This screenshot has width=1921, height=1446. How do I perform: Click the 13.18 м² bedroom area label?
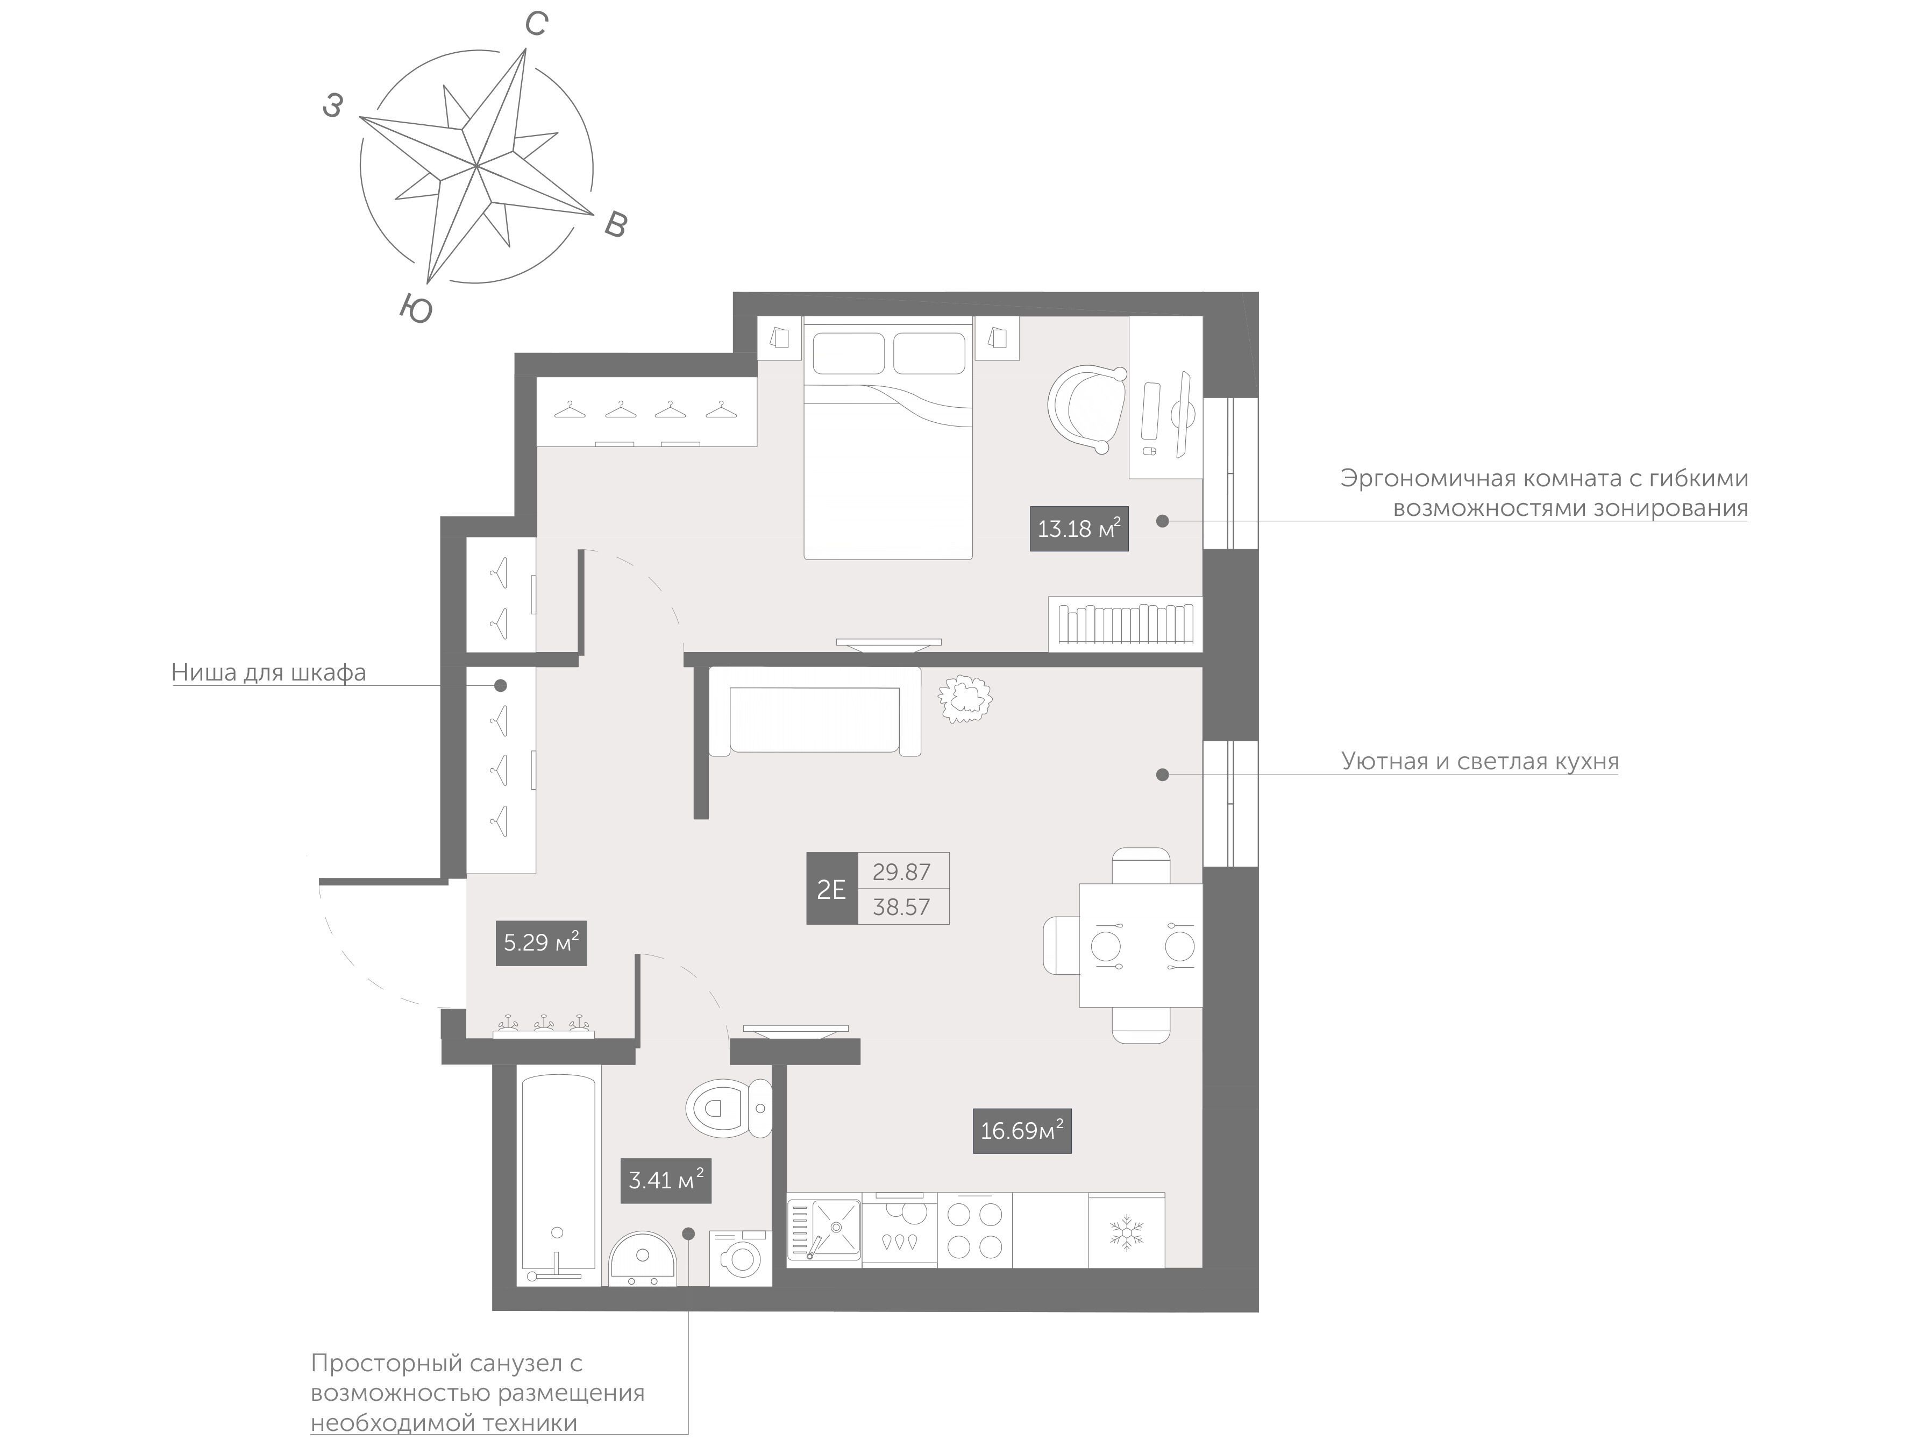[1079, 528]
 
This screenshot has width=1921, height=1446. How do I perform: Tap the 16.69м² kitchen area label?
[1021, 1131]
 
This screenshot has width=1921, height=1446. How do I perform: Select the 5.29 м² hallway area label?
[541, 942]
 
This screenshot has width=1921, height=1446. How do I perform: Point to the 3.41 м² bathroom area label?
[666, 1180]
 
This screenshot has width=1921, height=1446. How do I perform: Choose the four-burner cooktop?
[974, 1230]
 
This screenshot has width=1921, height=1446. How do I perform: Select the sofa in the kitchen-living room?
[815, 711]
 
